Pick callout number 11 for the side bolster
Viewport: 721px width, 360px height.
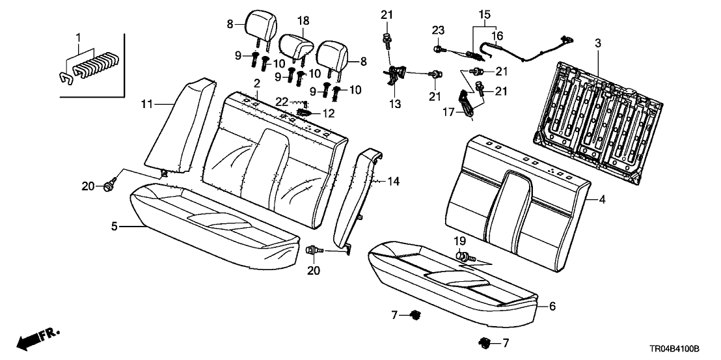coord(147,104)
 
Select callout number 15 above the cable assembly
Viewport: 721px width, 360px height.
coord(482,13)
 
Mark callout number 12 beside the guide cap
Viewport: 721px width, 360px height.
coord(329,113)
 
